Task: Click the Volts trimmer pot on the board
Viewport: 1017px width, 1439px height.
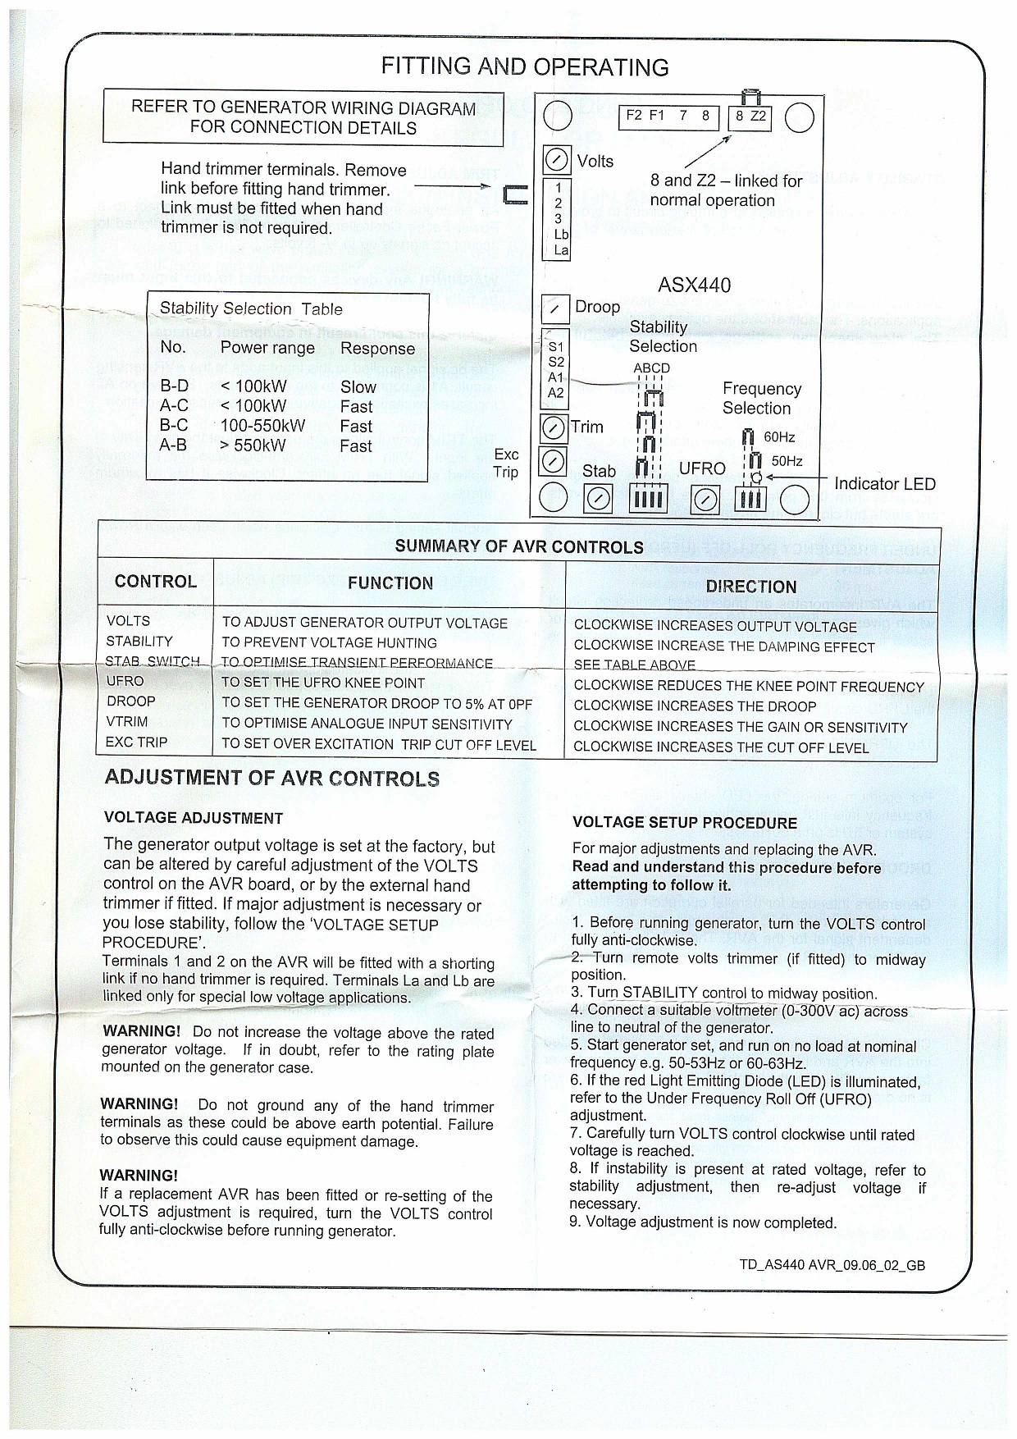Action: (x=557, y=159)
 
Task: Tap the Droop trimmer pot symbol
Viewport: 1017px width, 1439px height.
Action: (x=555, y=309)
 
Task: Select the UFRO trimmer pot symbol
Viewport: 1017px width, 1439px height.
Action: (x=705, y=498)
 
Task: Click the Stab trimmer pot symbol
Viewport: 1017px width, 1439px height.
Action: (x=598, y=498)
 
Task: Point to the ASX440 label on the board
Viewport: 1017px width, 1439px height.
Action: (x=694, y=285)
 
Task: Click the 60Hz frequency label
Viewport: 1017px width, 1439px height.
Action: (x=779, y=437)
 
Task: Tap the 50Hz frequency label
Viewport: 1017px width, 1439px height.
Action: (x=787, y=461)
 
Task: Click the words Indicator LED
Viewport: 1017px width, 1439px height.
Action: (x=884, y=484)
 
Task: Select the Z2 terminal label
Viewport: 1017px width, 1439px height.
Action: (x=759, y=116)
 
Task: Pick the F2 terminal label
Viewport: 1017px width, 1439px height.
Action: (x=634, y=116)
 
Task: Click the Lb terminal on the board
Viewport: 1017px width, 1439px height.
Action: (x=561, y=235)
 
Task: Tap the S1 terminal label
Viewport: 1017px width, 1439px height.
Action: (x=556, y=347)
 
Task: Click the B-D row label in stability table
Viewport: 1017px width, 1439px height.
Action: (x=174, y=386)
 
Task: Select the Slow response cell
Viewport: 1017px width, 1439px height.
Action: (x=358, y=387)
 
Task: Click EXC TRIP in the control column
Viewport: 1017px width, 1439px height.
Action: (x=136, y=742)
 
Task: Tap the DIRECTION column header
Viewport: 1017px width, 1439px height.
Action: (x=750, y=587)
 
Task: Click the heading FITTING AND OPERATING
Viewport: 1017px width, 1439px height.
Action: (x=525, y=67)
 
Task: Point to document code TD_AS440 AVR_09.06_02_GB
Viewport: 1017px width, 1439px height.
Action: (x=832, y=1265)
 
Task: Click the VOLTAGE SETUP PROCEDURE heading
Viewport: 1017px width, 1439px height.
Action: (x=684, y=823)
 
